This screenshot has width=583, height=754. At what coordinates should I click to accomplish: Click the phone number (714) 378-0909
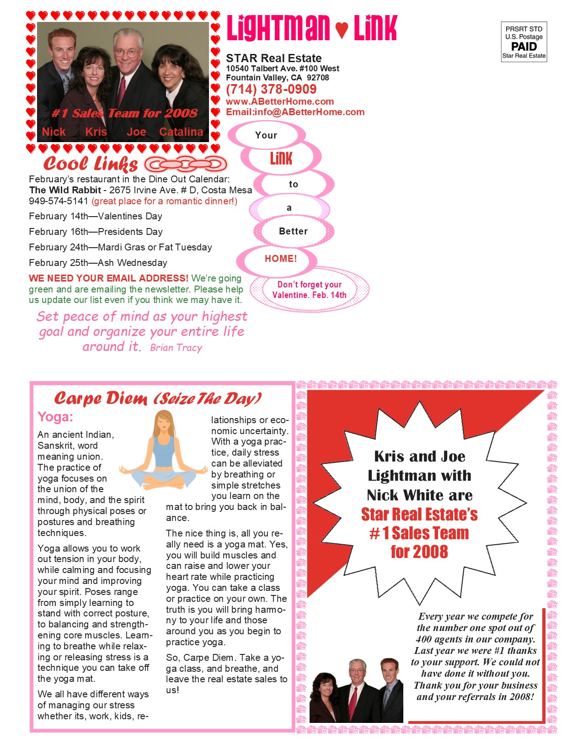click(x=271, y=90)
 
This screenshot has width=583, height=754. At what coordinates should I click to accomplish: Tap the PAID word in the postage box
click(x=524, y=47)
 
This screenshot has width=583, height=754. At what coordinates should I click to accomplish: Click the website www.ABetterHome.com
click(x=280, y=101)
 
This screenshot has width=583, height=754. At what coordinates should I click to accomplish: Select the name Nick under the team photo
click(x=54, y=132)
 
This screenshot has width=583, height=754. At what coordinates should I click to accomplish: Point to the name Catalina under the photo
click(x=181, y=132)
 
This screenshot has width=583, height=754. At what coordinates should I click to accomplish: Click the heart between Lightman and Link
click(x=342, y=30)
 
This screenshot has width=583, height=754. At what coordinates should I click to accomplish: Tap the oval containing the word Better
click(x=293, y=231)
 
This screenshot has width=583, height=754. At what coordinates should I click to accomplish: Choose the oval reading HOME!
click(x=280, y=259)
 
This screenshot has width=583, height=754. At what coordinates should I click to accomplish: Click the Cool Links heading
click(x=91, y=164)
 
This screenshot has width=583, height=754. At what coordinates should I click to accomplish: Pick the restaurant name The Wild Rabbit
click(x=65, y=190)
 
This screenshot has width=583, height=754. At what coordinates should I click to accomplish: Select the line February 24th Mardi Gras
click(x=120, y=247)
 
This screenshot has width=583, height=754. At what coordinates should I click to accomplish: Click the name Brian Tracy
click(x=176, y=348)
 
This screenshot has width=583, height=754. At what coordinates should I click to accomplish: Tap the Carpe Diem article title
click(x=158, y=398)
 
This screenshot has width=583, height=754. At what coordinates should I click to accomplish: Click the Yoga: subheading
click(x=55, y=417)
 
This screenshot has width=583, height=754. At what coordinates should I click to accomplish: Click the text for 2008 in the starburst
click(x=419, y=552)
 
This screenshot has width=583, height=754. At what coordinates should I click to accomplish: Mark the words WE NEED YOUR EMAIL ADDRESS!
click(x=108, y=278)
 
